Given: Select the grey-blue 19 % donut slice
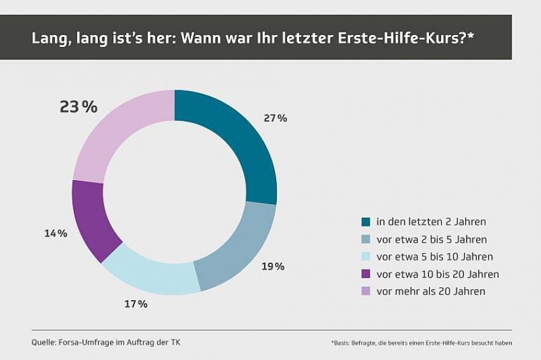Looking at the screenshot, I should [x=239, y=245].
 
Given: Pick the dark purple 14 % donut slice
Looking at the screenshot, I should [x=93, y=219].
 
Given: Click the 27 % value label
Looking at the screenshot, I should [x=275, y=118].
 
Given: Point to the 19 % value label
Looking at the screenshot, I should [x=272, y=266].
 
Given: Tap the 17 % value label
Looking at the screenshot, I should [x=136, y=304].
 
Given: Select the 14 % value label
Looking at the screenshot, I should [x=55, y=233].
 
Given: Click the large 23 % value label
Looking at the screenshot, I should [x=78, y=107].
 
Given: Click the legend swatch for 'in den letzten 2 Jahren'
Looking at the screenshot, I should [x=366, y=222].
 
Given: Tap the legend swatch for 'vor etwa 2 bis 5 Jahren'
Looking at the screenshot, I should [x=366, y=240].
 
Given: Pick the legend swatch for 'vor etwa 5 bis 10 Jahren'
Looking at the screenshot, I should [x=366, y=257].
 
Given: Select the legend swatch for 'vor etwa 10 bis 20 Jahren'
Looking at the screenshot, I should [x=366, y=274].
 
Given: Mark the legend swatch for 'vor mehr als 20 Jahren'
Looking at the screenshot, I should [x=366, y=291].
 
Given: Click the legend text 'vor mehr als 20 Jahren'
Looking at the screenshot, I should [x=431, y=291].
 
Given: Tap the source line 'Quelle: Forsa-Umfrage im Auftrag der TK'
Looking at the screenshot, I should [x=106, y=342].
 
